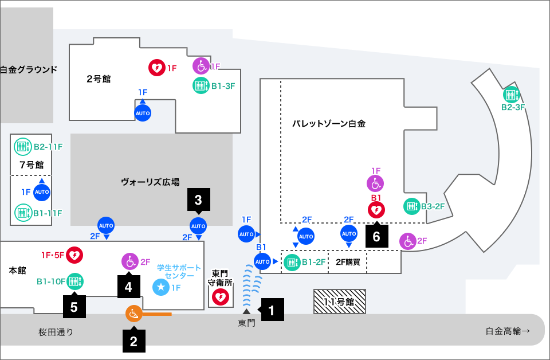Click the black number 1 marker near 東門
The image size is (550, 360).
pos(271,310)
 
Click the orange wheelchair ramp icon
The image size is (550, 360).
pos(134,314)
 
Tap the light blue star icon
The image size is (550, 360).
pos(161,287)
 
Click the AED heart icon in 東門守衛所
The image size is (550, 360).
pos(221,298)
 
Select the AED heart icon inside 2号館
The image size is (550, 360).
pos(157,68)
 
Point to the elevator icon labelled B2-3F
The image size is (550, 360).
pos(512,95)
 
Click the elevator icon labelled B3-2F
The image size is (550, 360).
pos(412,206)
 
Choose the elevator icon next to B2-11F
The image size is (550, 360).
pos(23,147)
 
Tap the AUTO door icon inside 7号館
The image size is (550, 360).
pos(42,192)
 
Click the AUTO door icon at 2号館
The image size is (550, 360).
pos(143,113)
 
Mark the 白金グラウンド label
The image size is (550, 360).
pos(29,69)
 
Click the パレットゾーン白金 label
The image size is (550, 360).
pos(329,123)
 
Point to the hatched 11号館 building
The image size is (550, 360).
pos(340,302)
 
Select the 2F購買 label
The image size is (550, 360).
pos(348,262)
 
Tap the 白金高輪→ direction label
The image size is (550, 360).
pos(508,331)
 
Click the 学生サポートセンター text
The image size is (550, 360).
pos(179,272)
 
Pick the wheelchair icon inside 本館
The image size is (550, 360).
pos(130,261)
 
